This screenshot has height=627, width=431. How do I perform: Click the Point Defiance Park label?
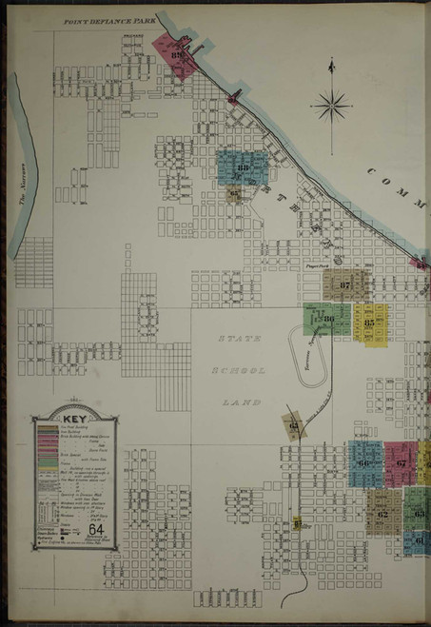108,19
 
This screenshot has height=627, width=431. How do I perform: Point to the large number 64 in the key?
95,530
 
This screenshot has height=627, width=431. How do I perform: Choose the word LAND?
235,402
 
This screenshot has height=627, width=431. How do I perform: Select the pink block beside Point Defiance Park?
177,57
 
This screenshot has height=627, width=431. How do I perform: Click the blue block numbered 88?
243,168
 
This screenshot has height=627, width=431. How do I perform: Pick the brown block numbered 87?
343,284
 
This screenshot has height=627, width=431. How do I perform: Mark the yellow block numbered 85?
369,322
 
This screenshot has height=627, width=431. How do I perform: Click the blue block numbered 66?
364,463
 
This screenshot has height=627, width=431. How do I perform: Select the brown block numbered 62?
382,514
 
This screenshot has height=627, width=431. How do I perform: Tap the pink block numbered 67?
402,463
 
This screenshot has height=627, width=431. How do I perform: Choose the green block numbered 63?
418,512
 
